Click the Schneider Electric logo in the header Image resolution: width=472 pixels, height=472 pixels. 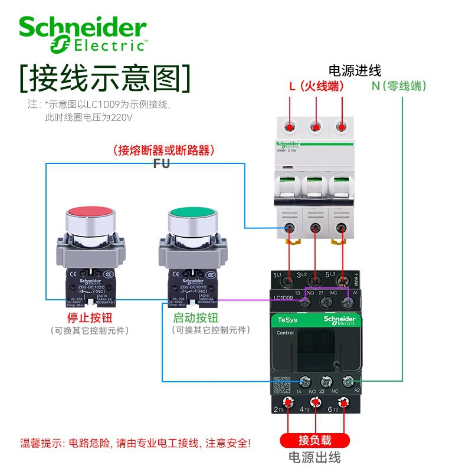[83, 34]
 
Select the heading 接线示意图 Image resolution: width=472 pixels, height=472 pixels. [106, 77]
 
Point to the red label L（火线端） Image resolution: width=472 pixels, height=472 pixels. [316, 86]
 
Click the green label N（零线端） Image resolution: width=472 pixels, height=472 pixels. [399, 86]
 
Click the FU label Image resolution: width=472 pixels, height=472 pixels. [161, 163]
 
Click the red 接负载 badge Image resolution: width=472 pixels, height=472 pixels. [315, 440]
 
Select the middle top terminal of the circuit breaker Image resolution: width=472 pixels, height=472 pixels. [316, 126]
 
